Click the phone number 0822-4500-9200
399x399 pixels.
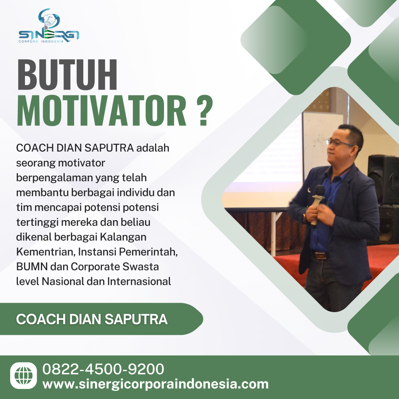[x=103, y=369]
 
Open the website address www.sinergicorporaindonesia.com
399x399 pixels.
[x=155, y=384]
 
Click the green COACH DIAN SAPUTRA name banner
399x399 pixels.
[x=92, y=319]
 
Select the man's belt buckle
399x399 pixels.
[x=320, y=256]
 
